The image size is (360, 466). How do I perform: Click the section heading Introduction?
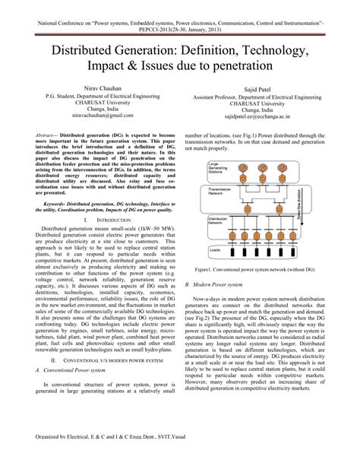pos(99,219)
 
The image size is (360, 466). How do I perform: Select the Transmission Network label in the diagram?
pos(220,192)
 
